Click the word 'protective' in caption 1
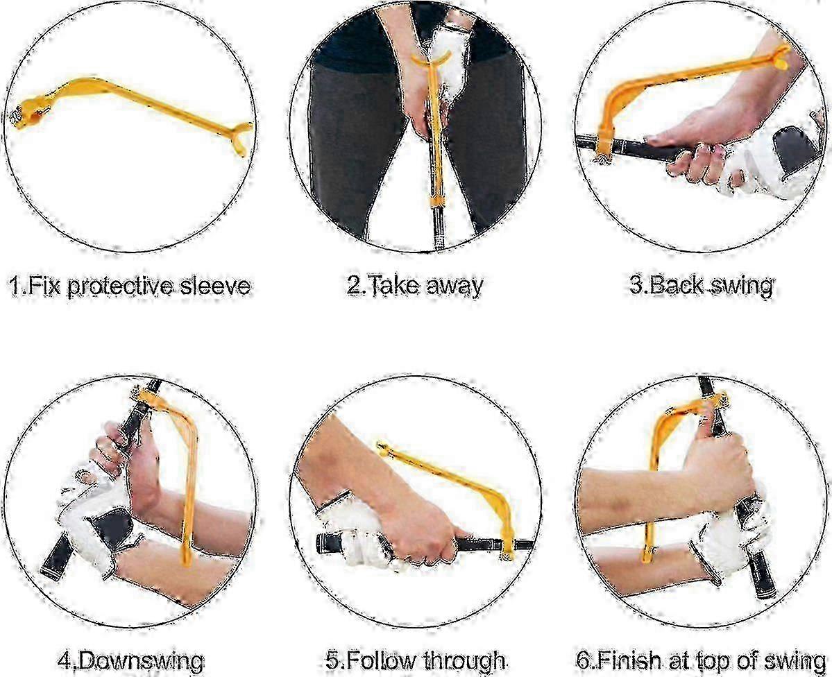[x=121, y=287]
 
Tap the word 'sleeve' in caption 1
[x=215, y=286]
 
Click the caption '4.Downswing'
[x=130, y=661]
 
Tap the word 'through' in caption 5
[x=464, y=660]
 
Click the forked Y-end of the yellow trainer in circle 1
[x=240, y=135]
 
